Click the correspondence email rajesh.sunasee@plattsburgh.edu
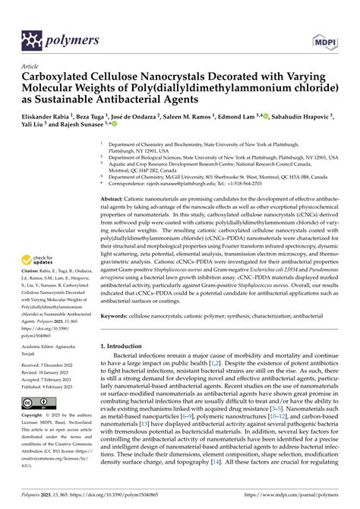(175, 182)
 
